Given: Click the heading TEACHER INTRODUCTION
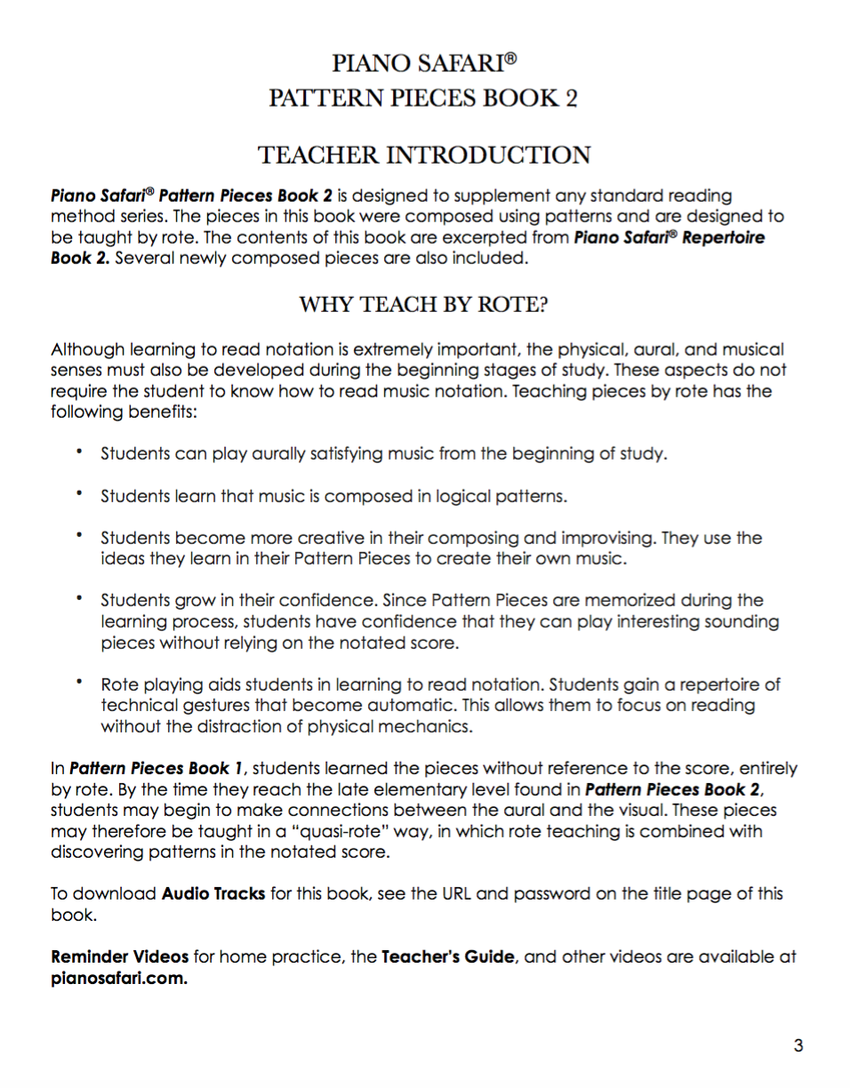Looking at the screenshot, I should click(x=424, y=155).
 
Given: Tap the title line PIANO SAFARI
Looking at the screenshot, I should click(x=424, y=64).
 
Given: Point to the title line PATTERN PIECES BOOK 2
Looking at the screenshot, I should click(x=424, y=97).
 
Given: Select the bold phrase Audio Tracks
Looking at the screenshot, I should click(x=213, y=893).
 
